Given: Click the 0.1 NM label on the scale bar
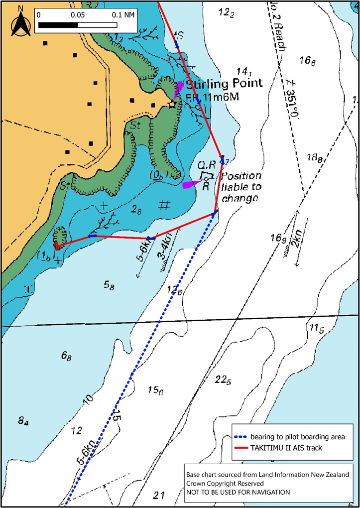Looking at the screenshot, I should [123, 14].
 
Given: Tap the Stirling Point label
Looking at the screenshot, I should [224, 83].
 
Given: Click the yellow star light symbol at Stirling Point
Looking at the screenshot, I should [172, 104].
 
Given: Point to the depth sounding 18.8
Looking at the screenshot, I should [315, 158].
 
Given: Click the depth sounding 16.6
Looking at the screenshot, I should [307, 61].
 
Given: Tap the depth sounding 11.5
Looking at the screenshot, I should [317, 328].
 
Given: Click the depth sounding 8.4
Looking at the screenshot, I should [23, 421].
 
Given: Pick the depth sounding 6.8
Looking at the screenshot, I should [67, 356].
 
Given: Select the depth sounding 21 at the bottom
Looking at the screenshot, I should [159, 495].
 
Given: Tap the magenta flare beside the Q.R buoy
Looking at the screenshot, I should [190, 185].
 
